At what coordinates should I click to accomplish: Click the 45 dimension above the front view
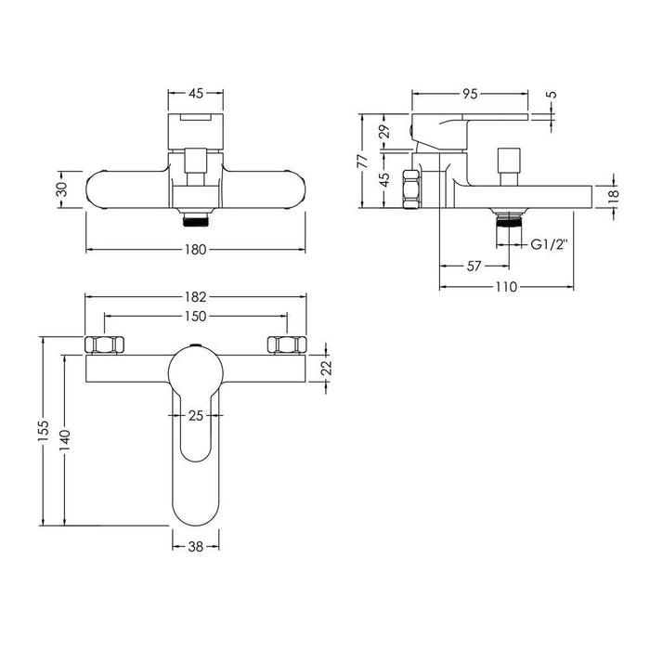[196, 93]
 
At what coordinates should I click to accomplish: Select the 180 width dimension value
[196, 250]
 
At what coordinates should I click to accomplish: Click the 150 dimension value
[196, 317]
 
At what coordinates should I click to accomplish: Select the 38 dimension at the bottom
[196, 547]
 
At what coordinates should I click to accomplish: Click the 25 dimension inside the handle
[196, 415]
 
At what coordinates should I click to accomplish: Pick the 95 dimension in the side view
[471, 93]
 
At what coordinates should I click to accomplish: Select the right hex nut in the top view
[287, 344]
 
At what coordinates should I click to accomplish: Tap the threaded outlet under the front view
[196, 221]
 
